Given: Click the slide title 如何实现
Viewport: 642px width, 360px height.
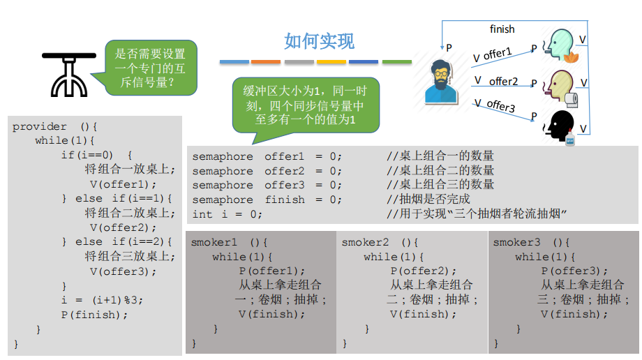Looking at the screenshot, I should coord(320,41).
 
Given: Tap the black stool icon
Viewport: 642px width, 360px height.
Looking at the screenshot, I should coord(68,74).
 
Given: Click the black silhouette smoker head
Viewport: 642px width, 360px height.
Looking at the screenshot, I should coord(559,126).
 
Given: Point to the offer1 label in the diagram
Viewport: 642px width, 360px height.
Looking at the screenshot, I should coord(497,54).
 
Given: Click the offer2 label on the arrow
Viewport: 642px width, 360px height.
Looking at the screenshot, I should coord(503,82).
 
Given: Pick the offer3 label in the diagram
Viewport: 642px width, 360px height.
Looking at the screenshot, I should coord(500,107).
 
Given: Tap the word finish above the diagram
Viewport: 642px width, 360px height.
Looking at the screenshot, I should coord(502,29).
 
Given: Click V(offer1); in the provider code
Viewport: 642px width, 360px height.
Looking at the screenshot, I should coord(119,184).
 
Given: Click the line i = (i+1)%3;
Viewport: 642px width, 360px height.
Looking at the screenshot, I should coord(102,300).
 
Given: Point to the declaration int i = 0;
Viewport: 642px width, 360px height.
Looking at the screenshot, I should coord(227,214).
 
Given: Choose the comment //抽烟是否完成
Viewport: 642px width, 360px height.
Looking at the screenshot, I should coord(428,200).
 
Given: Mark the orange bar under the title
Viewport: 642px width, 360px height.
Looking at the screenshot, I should coord(265,62).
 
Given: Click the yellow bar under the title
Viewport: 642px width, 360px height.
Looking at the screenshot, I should coord(331,62).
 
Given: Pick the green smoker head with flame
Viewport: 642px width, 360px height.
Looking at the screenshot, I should coord(561,45).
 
